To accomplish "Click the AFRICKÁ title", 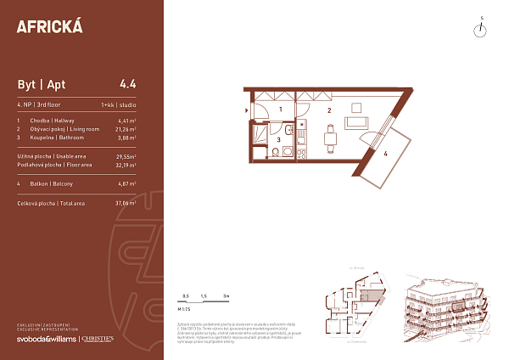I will point(50,26).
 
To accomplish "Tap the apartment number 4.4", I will point(128,84).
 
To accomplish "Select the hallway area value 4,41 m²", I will point(127,121).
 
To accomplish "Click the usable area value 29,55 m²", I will point(126,157).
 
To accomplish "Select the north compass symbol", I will point(481,30).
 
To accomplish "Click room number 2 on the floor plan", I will point(328,110).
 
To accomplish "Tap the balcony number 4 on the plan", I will point(384,154).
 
